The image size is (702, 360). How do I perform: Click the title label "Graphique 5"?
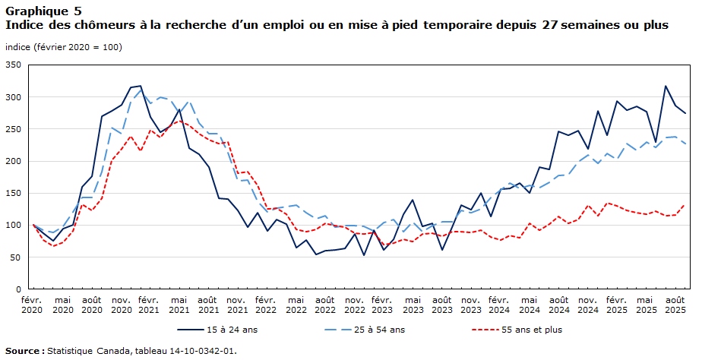click(x=45, y=11)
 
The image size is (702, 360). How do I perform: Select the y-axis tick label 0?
click(x=21, y=289)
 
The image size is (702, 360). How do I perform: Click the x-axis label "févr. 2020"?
click(x=33, y=305)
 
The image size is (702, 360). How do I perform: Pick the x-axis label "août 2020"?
click(x=91, y=305)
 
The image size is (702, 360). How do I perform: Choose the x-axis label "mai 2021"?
click(x=179, y=305)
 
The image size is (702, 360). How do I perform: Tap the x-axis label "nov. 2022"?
click(x=354, y=305)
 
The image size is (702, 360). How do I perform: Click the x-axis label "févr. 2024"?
click(x=500, y=305)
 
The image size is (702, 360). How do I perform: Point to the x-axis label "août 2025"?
click(x=675, y=305)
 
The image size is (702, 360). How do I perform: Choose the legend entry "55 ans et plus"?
click(x=531, y=330)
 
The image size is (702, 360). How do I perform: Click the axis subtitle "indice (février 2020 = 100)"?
click(x=63, y=47)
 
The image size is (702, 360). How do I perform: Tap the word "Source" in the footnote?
click(x=23, y=351)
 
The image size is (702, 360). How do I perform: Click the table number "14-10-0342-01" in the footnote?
click(x=203, y=351)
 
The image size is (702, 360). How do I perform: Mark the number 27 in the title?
click(x=552, y=25)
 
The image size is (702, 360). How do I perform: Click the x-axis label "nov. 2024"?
click(x=587, y=305)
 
